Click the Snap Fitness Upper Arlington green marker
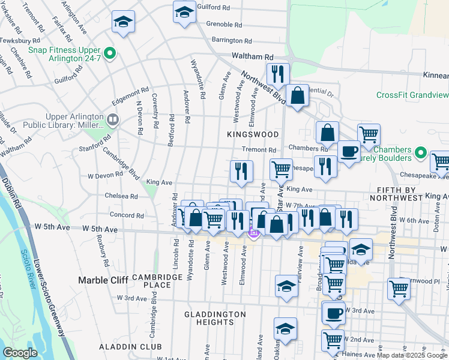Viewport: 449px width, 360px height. [x=109, y=54]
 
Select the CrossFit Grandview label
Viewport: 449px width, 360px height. [x=412, y=95]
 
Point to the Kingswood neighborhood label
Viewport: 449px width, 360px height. [x=253, y=134]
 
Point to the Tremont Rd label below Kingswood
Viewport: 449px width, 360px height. [x=259, y=150]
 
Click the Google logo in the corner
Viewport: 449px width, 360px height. [x=20, y=353]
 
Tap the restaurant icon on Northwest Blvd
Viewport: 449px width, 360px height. [x=277, y=74]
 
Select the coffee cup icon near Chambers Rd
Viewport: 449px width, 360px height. [x=349, y=151]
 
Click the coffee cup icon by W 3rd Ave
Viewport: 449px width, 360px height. [x=334, y=312]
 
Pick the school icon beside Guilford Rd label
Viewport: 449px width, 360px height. [x=184, y=11]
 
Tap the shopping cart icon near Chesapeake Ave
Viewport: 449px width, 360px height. [x=280, y=169]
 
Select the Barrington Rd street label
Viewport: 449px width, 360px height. [x=231, y=41]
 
